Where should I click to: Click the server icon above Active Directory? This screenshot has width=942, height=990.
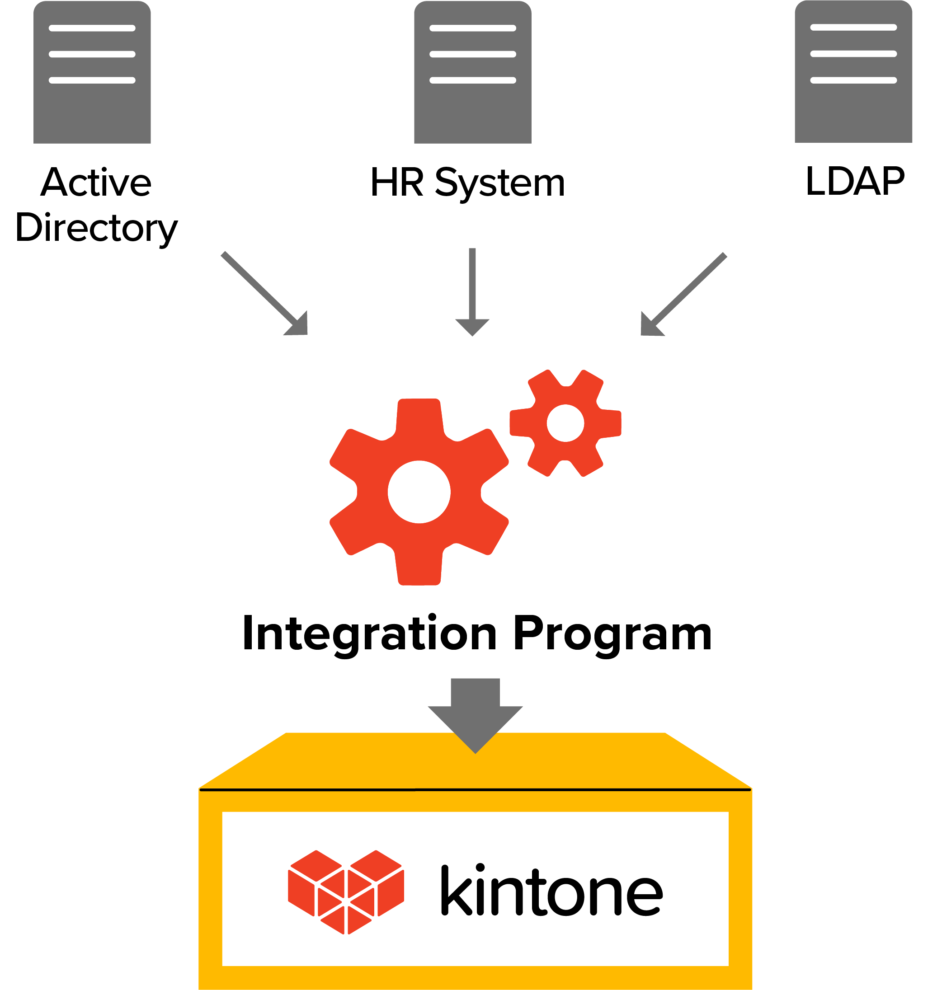coord(92,73)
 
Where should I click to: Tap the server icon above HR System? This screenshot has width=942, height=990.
coord(472,73)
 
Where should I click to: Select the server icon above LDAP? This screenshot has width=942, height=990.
coord(853,72)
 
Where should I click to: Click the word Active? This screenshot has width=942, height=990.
coord(96,182)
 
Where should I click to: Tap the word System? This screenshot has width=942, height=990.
coord(499,184)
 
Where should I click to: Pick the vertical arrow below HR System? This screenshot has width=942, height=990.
coord(472,291)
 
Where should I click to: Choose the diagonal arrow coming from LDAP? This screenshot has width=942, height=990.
coord(683,295)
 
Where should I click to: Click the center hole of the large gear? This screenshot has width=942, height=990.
coord(419,492)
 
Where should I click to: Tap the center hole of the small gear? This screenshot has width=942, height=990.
coord(565,423)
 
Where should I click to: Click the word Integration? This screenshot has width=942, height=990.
coord(369,634)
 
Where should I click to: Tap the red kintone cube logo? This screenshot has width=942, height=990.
coord(346,892)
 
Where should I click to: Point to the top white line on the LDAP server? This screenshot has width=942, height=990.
coord(853,28)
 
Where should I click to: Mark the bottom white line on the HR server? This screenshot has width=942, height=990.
coord(472,80)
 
